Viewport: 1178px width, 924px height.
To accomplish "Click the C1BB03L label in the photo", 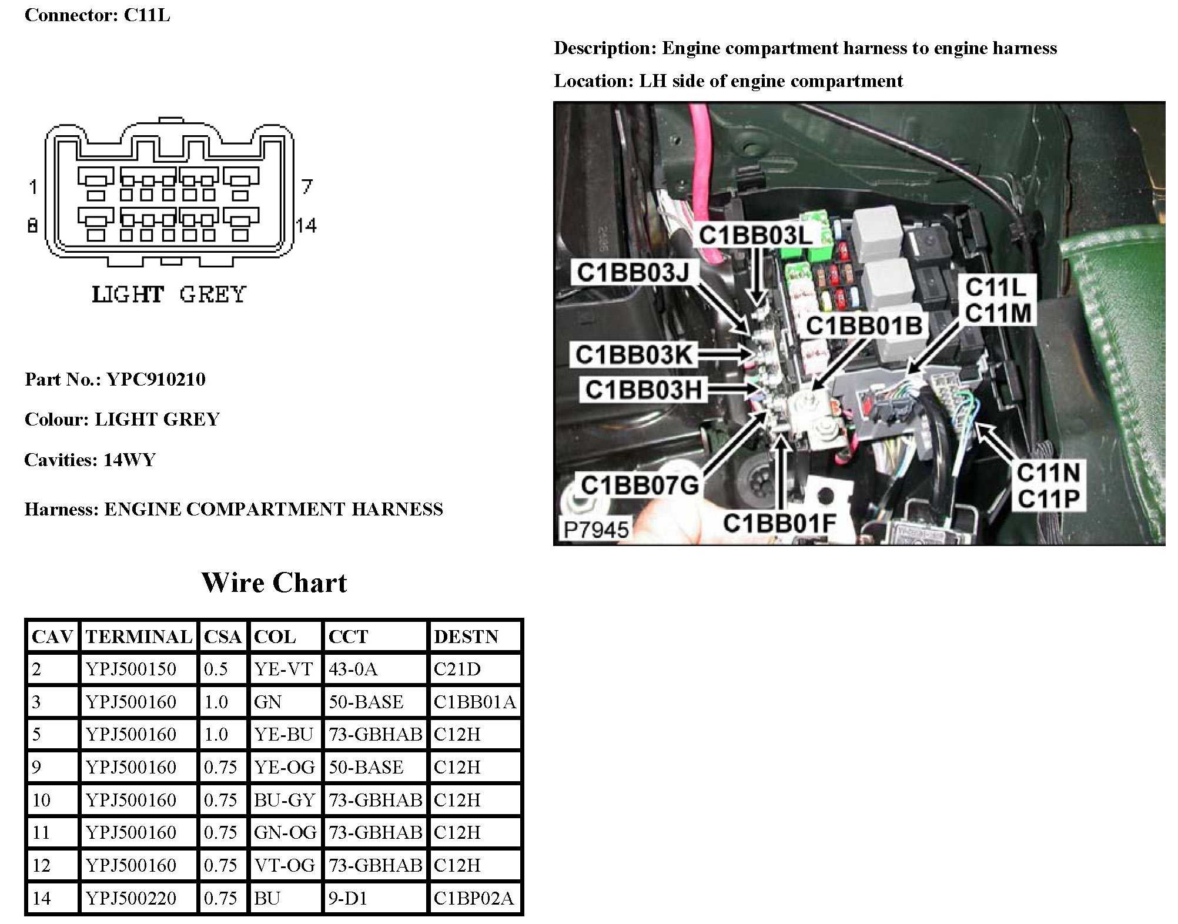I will click(755, 236).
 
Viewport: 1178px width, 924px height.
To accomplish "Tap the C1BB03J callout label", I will click(633, 273).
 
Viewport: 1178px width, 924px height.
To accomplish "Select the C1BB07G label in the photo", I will click(640, 486).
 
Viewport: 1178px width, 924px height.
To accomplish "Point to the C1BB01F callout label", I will click(779, 523).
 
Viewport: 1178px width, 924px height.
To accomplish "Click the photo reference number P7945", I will click(595, 530).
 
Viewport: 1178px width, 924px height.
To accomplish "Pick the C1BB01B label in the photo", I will click(864, 326).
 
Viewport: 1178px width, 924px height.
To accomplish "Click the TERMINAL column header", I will click(139, 637).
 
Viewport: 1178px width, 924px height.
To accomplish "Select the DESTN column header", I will click(466, 637).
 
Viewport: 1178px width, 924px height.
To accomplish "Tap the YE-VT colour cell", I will click(283, 669).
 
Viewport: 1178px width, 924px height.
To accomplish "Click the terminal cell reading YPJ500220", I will click(131, 898).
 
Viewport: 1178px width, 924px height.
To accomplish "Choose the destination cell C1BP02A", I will click(474, 898).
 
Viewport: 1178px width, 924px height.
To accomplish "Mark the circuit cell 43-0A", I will click(353, 669).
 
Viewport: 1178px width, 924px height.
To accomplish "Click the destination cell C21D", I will click(457, 669).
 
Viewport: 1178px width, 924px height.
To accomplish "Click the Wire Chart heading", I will click(274, 582).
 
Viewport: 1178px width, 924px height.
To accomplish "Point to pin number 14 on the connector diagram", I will click(306, 225).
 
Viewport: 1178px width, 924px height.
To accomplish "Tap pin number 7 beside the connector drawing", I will click(307, 187).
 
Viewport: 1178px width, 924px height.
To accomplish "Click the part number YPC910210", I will click(156, 379).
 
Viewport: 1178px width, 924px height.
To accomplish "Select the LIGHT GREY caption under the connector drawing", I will click(169, 294).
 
